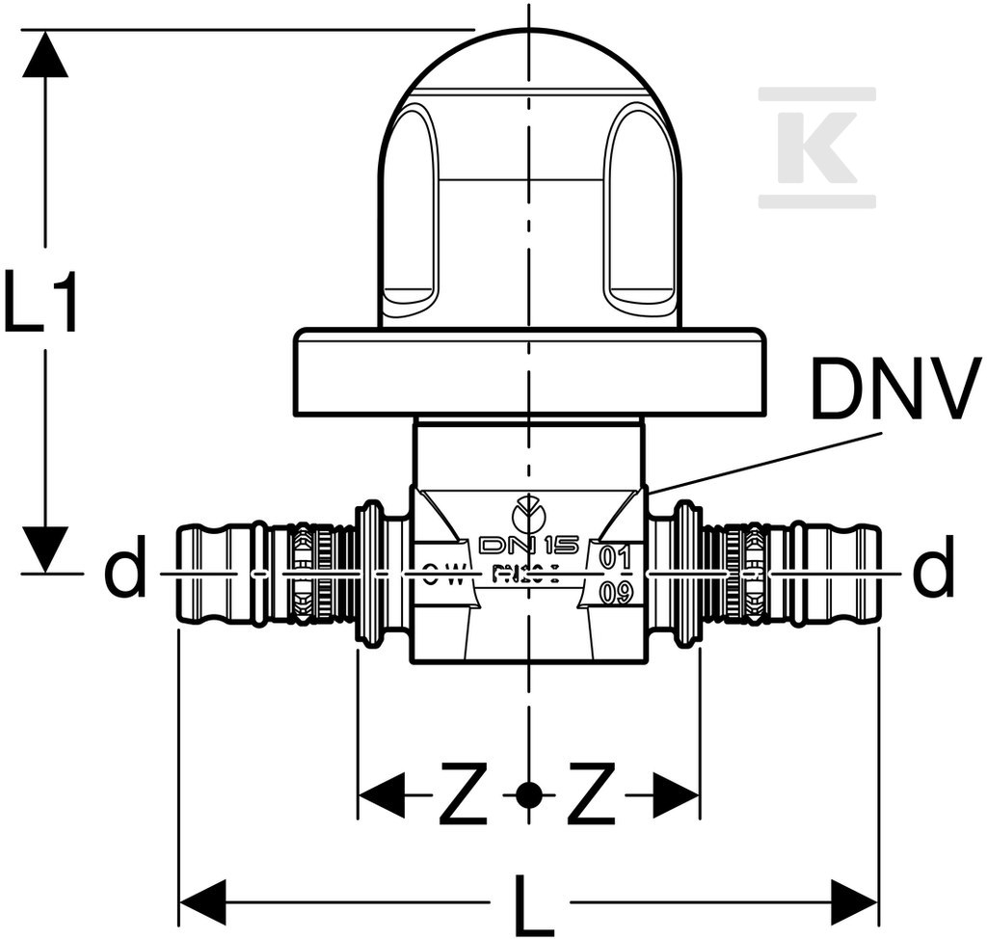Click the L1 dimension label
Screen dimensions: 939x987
tap(41, 303)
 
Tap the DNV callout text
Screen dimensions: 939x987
tap(894, 389)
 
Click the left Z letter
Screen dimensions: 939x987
tap(463, 795)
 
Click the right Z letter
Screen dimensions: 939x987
tap(591, 795)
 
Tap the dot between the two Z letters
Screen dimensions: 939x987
tap(527, 795)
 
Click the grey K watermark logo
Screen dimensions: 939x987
tap(817, 147)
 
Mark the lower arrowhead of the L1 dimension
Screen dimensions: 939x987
tap(45, 550)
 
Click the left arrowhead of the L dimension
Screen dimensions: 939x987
tap(202, 903)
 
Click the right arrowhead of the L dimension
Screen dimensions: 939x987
tap(854, 903)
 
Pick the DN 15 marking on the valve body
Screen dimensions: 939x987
tap(528, 547)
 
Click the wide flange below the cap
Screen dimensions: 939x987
tap(527, 373)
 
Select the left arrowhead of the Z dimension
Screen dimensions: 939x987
tap(382, 795)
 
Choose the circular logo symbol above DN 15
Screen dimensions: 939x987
tap(527, 516)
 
